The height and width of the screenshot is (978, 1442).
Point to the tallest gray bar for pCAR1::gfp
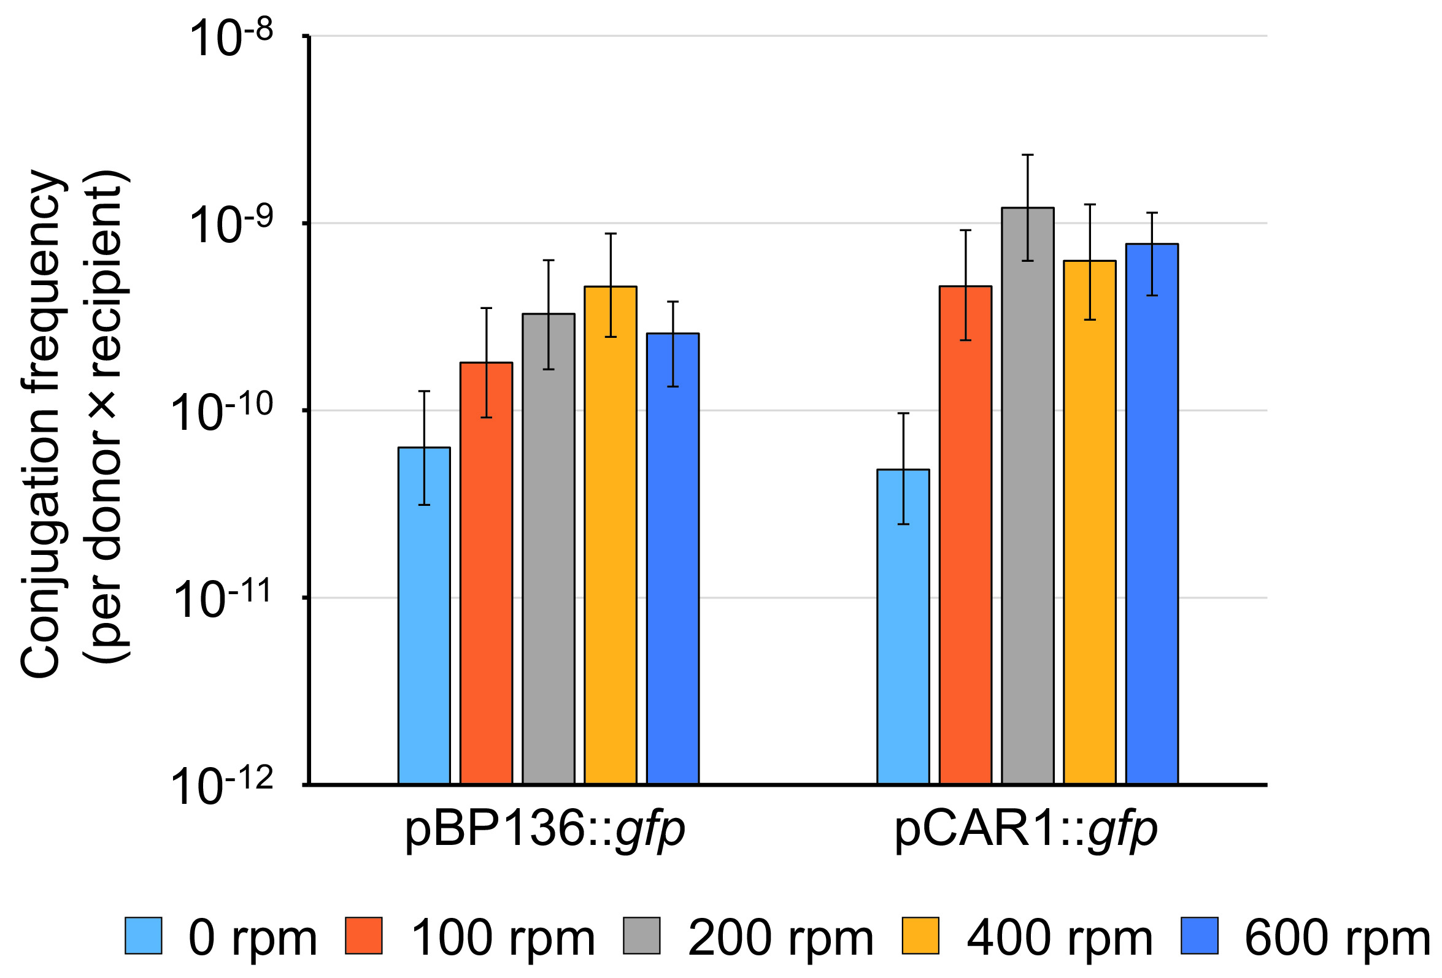[x=1027, y=496]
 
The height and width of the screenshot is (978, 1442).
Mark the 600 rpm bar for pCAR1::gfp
[x=1152, y=514]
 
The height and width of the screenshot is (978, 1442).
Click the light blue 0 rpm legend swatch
[x=144, y=936]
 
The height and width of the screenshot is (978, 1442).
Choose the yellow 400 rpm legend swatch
[x=920, y=936]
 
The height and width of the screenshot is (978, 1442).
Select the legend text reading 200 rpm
[x=781, y=938]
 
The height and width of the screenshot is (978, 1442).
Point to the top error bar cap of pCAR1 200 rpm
[x=1028, y=155]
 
